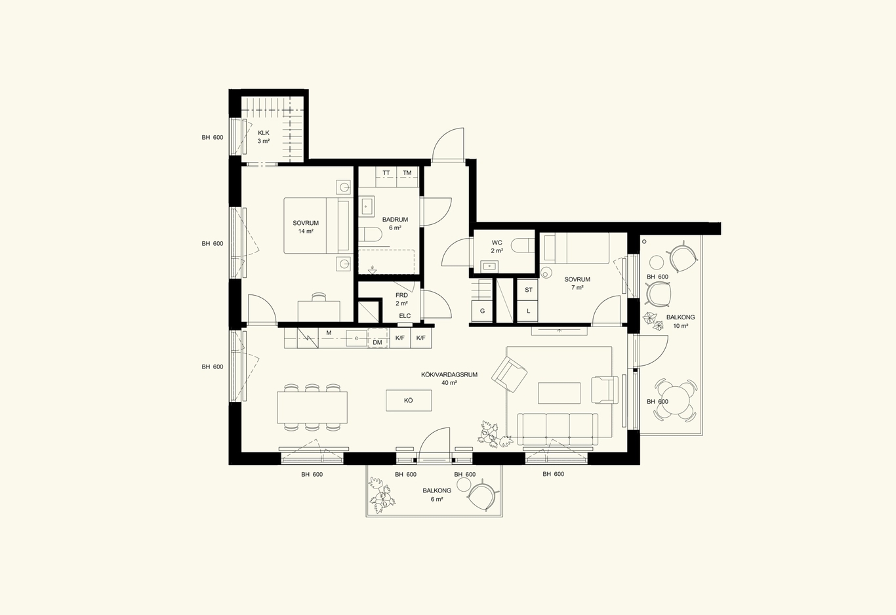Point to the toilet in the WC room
click(523, 245)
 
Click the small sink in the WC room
click(489, 266)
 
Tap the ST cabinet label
click(529, 290)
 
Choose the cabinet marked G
click(482, 311)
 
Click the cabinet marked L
click(528, 311)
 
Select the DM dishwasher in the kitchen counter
click(378, 338)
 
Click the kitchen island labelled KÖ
click(409, 400)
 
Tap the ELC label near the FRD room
click(405, 316)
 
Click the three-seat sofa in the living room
click(558, 429)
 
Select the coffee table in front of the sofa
click(560, 393)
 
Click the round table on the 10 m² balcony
click(676, 400)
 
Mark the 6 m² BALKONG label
click(437, 495)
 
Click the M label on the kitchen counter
click(329, 332)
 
